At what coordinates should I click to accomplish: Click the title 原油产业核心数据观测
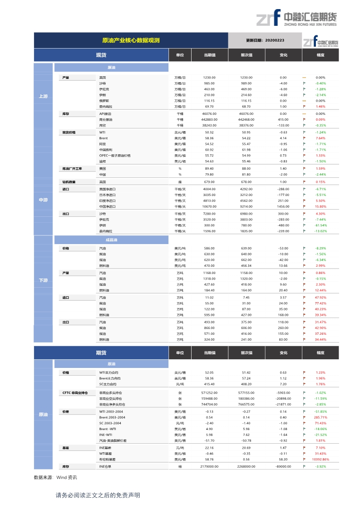point(130,40)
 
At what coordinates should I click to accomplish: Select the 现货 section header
point(101,55)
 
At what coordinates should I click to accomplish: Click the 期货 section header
point(101,352)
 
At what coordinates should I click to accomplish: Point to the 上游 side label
point(43,96)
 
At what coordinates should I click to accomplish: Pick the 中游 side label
point(43,200)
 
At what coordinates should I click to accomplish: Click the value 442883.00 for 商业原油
point(209,119)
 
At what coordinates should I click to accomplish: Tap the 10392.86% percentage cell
point(321,459)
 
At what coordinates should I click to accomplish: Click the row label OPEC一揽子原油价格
point(115,156)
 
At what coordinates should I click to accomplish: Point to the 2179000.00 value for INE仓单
point(209,466)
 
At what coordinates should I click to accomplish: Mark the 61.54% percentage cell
point(321,225)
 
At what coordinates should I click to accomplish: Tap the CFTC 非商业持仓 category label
point(75,392)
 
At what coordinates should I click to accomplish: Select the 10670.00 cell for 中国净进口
point(209,206)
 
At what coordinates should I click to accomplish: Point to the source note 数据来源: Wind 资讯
point(55,478)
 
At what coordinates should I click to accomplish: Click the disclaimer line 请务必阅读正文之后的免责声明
point(98,495)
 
